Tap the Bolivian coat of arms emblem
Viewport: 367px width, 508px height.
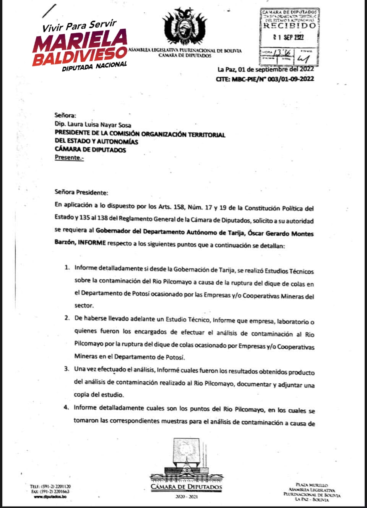pos(185,27)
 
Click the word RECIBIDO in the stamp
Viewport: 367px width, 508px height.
pos(290,26)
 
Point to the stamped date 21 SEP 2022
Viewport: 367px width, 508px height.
pos(289,37)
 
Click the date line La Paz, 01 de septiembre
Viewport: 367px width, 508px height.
pos(266,69)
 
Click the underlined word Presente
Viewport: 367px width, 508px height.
pos(69,157)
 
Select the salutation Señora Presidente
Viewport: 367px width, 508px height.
pos(81,192)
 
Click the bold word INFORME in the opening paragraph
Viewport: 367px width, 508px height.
pos(92,243)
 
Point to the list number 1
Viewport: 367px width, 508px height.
pos(67,267)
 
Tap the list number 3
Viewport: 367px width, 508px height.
pos(67,369)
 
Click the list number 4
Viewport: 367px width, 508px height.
pos(66,407)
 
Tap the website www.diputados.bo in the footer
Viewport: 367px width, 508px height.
pos(50,497)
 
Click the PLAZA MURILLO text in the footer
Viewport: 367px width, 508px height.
pos(312,485)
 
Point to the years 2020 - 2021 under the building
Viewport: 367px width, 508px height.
pos(186,497)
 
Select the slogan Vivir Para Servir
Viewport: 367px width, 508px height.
pos(79,26)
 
